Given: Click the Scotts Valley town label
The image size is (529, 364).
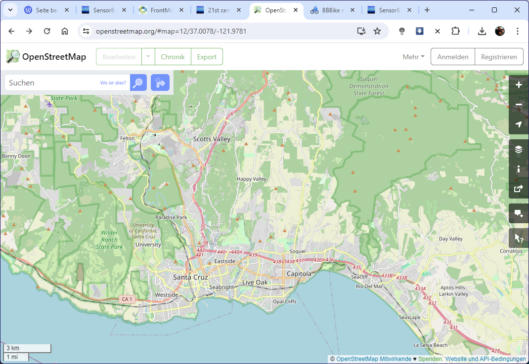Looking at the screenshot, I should tap(212, 139).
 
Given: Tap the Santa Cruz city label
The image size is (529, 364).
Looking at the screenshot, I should tap(190, 277).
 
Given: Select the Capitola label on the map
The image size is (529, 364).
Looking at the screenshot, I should tap(299, 274).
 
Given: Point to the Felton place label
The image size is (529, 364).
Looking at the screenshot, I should tap(127, 138).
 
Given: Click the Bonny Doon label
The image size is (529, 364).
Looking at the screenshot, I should tap(16, 156).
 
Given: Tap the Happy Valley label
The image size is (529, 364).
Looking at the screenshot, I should tap(251, 179).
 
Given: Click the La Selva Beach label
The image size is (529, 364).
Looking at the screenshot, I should tap(430, 345).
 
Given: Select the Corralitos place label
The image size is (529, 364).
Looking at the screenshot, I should tap(511, 251).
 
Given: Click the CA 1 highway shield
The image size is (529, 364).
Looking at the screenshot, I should tap(127, 299).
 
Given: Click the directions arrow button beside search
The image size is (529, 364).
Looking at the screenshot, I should tap(160, 83).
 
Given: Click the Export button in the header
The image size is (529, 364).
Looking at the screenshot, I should tap(207, 57).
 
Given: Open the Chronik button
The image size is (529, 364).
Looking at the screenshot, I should tap(173, 57).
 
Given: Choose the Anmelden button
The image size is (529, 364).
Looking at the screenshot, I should tap(452, 57).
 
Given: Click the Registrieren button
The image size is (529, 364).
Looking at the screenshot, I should tap(499, 57).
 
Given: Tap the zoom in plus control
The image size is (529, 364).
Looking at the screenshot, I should tap(519, 85).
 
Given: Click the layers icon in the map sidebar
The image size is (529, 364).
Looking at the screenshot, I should tap(519, 149).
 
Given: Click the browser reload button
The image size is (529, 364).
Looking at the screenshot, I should tap(47, 31).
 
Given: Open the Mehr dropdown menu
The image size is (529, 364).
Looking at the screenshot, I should tap(413, 57).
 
